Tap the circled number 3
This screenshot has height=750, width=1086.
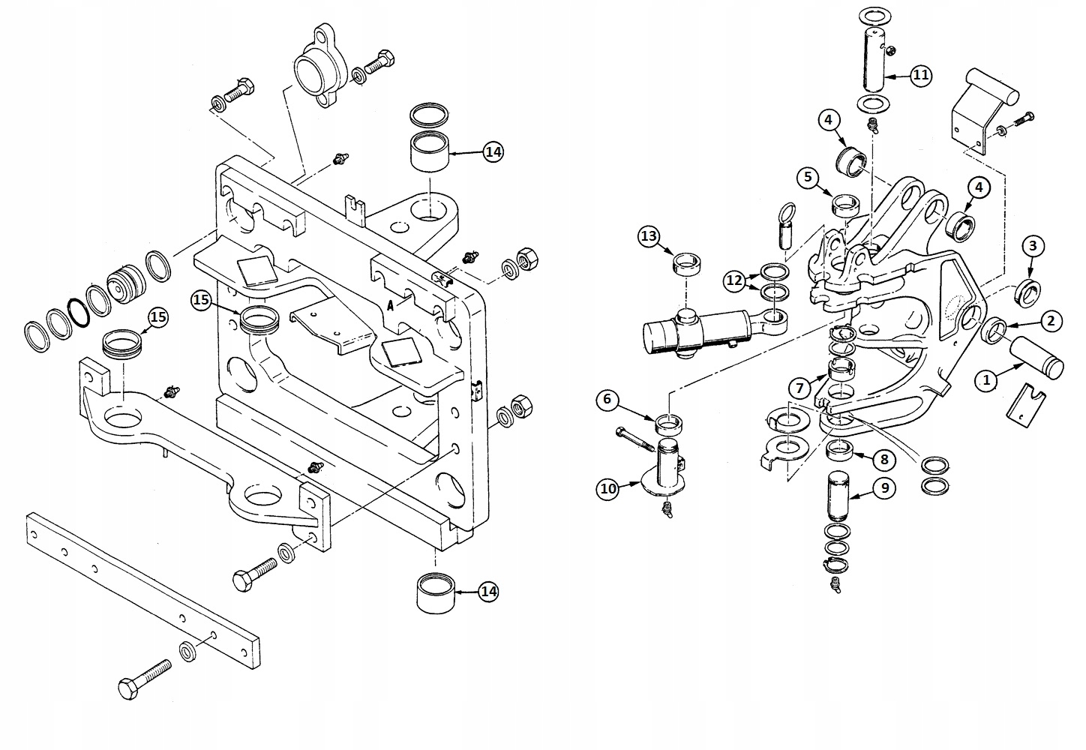tap(1033, 245)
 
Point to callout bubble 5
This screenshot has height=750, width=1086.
tap(808, 178)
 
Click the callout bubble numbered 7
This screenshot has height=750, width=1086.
tap(800, 388)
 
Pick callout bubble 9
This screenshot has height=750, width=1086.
tap(884, 488)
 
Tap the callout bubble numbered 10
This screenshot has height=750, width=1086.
tap(607, 490)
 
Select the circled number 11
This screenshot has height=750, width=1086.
tap(921, 75)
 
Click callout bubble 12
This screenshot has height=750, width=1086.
tap(734, 280)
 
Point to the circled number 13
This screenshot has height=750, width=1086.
tap(649, 237)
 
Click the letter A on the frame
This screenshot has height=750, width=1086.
tap(390, 305)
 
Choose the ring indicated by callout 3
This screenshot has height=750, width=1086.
tap(1027, 292)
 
